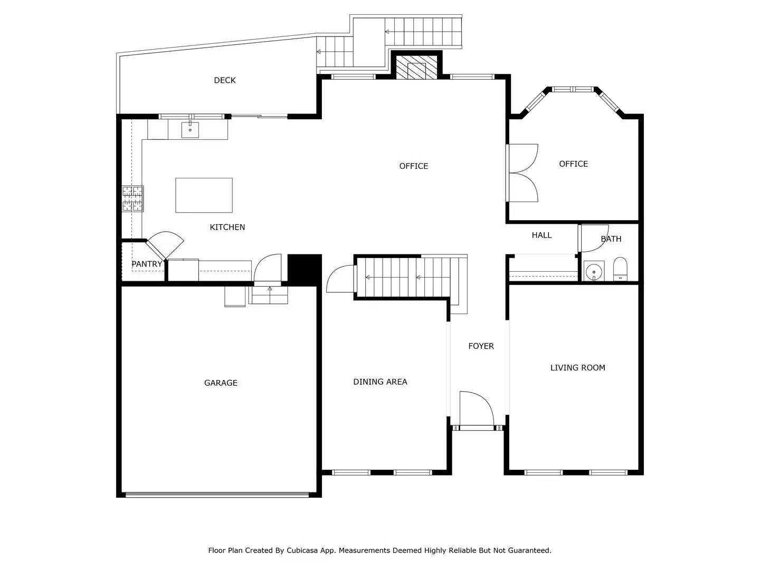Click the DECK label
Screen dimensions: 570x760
click(x=225, y=80)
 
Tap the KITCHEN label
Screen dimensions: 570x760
click(x=227, y=227)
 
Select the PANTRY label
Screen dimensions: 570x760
click(x=147, y=264)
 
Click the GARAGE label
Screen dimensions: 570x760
click(x=221, y=383)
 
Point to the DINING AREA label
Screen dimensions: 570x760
click(x=380, y=382)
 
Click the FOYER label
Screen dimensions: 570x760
click(x=481, y=346)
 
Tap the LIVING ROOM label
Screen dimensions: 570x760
click(x=577, y=368)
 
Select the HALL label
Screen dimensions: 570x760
click(x=541, y=235)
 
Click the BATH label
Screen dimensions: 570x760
click(x=611, y=239)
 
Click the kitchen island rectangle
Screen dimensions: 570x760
click(x=204, y=195)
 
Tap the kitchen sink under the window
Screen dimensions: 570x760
click(x=190, y=129)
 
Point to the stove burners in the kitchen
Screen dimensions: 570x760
click(x=132, y=198)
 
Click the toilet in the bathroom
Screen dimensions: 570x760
click(x=620, y=269)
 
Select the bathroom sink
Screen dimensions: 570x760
click(x=594, y=271)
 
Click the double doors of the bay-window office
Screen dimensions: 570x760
click(x=522, y=173)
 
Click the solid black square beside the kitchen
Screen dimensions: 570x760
click(x=304, y=269)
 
